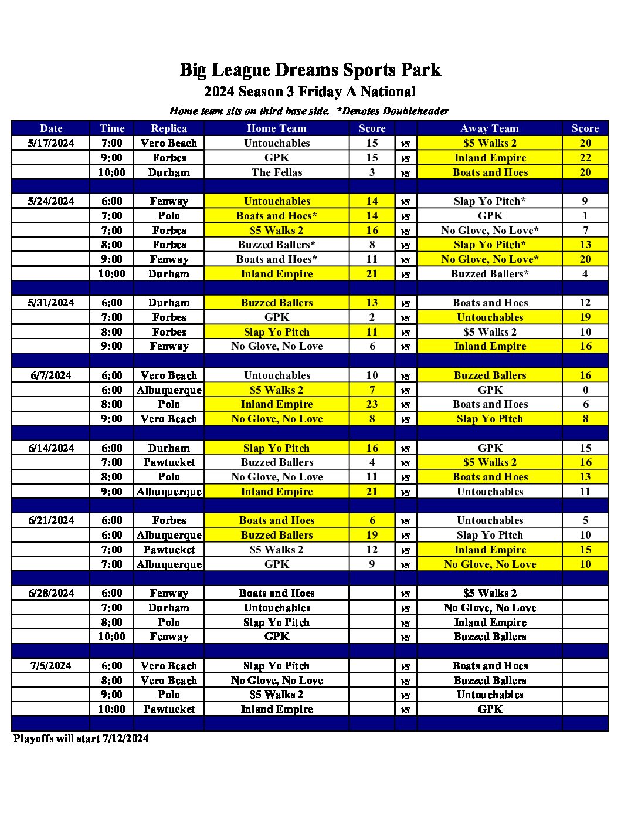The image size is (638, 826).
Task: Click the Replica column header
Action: pos(169,128)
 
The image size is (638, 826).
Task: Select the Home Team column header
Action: pos(277,128)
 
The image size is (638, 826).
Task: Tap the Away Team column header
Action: pos(490,128)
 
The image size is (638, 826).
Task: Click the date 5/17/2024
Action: pos(51,143)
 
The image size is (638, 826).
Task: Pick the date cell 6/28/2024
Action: pos(51,593)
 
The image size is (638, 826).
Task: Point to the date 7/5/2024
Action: pos(51,666)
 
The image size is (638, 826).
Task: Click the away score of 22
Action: pos(585,158)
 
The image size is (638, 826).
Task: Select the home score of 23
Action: pos(372,404)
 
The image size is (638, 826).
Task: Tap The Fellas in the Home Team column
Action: pos(277,172)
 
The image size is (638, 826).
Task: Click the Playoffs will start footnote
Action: pos(81,739)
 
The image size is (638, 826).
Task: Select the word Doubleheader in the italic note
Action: pos(416,111)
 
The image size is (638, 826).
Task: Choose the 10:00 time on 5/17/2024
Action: pos(111,172)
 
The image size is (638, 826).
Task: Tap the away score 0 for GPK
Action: pos(585,390)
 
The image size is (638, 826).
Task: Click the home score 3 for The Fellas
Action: pos(372,172)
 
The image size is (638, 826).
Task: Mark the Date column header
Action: pos(51,128)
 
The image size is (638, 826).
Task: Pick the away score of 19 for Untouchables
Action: pos(585,317)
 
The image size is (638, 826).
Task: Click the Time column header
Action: pos(112,128)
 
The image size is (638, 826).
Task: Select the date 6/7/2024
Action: pos(51,375)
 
